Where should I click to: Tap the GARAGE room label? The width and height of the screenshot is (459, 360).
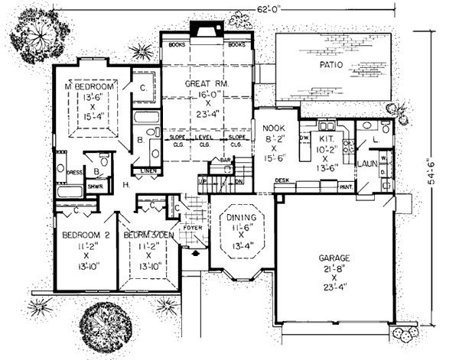pyautogui.click(x=332, y=259)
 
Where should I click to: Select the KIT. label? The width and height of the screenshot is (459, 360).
pyautogui.click(x=324, y=130)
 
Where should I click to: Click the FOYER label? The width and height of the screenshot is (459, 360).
pyautogui.click(x=191, y=227)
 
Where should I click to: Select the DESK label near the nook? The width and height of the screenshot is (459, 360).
pyautogui.click(x=282, y=181)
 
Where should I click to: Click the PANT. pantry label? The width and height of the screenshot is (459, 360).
pyautogui.click(x=345, y=186)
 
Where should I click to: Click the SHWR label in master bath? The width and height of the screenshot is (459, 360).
pyautogui.click(x=96, y=186)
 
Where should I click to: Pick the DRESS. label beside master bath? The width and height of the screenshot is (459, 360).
pyautogui.click(x=74, y=173)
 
